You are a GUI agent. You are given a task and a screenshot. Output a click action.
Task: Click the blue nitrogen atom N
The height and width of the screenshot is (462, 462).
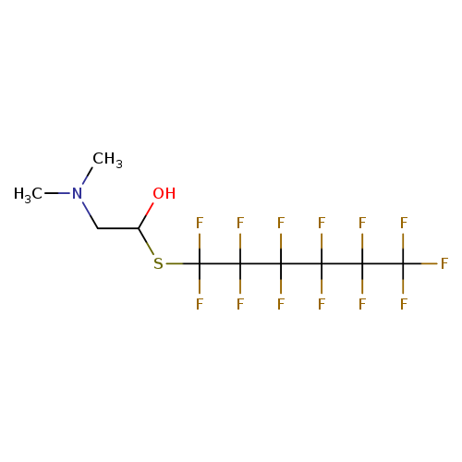coord(77,194)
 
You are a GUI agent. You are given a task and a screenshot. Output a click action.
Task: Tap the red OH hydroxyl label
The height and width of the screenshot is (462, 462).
coord(164,194)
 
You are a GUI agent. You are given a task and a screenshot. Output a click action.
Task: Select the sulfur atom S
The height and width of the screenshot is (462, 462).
coord(158,263)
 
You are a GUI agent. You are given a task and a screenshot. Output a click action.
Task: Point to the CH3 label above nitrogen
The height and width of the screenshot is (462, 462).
coord(107,160)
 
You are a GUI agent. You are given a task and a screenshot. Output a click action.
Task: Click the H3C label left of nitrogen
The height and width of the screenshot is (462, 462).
coord(28,195)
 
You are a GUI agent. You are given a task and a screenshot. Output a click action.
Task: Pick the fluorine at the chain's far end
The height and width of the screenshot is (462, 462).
coord(444,263)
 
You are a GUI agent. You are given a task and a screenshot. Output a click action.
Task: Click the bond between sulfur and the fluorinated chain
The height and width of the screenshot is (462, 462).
coord(183,263)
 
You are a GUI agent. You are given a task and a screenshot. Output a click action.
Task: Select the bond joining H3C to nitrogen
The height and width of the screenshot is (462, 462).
coord(57,193)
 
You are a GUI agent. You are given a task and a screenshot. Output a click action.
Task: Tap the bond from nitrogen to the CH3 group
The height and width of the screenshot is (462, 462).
coord(87,176)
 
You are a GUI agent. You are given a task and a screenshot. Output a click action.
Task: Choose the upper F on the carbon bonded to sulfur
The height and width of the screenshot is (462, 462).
coord(200,223)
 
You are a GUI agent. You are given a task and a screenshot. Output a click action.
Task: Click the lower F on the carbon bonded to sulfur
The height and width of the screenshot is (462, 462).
coord(200,304)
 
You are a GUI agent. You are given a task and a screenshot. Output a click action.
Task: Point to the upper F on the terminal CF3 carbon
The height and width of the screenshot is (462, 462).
coord(404,223)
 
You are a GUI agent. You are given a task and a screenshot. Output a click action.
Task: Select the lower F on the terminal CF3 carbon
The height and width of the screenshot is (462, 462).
coord(404,304)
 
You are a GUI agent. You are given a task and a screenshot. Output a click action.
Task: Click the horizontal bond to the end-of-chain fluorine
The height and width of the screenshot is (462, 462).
coord(420,263)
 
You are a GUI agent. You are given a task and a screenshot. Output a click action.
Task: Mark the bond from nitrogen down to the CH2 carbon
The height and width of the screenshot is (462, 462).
coord(90,215)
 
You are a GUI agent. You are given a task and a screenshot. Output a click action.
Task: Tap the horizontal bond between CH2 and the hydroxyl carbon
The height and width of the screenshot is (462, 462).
coord(118,228)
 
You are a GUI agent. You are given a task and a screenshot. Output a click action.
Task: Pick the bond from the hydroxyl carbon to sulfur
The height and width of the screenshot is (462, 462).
coord(146,242)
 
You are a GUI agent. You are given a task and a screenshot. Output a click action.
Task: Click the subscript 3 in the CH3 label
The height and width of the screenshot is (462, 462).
coord(119,164)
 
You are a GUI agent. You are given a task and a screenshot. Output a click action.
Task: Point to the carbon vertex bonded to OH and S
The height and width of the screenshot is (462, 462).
coord(139,228)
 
